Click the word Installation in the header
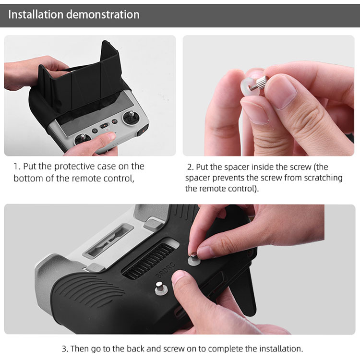(36, 14)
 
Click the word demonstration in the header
(103, 14)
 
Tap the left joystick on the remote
(82, 139)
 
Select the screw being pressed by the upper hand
(194, 259)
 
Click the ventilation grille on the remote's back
(149, 259)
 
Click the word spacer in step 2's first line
(237, 167)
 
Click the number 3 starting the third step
(64, 349)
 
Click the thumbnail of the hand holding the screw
(269, 96)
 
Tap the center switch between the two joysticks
(105, 125)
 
